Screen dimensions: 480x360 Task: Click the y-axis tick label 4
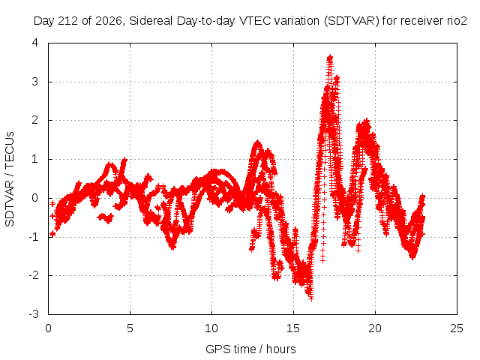pos(35,43)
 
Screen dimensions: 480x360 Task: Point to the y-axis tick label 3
pos(35,82)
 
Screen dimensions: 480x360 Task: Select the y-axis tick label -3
pos(34,314)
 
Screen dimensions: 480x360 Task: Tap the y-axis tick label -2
pos(34,275)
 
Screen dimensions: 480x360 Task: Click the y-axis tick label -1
pos(34,237)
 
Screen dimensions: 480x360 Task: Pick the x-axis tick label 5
pos(130,328)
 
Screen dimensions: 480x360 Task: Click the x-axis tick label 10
pos(211,328)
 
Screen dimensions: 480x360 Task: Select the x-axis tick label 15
pos(293,328)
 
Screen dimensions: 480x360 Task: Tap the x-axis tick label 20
pos(375,328)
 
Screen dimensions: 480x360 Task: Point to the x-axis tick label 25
pos(457,328)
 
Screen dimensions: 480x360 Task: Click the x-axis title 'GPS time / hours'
pos(250,349)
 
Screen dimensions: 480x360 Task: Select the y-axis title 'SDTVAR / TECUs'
pos(10,179)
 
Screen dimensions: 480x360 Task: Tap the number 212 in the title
pos(70,21)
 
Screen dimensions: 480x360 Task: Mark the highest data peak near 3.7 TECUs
pos(330,57)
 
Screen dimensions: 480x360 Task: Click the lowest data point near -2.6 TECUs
pos(311,298)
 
